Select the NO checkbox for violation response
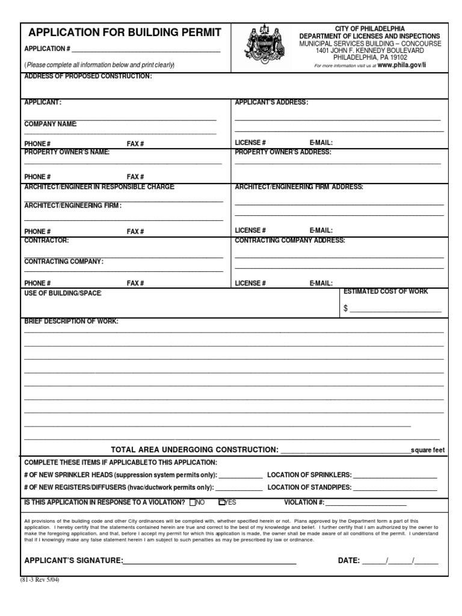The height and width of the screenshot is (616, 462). [x=192, y=502]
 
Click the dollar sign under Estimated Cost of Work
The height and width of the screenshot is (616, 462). [x=346, y=308]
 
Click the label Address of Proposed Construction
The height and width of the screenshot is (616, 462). [x=88, y=76]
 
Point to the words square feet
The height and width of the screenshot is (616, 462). [x=427, y=450]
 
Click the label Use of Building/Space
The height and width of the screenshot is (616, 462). [x=63, y=293]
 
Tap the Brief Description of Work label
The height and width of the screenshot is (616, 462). [x=71, y=321]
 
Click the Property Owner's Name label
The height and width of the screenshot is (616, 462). [x=67, y=152]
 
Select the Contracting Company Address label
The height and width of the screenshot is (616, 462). [x=290, y=240]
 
